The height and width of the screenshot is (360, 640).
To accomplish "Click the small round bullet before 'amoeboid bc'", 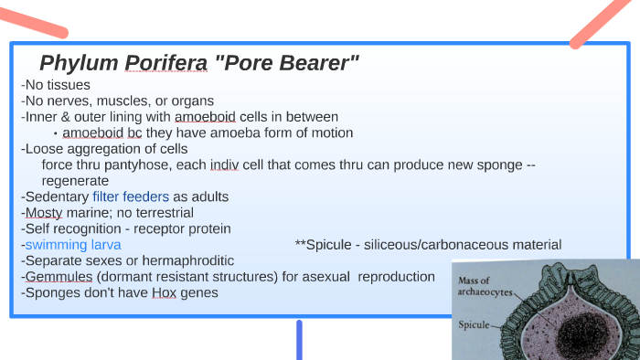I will tap(56, 133).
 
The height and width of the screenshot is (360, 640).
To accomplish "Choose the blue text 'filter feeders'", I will tap(131, 196).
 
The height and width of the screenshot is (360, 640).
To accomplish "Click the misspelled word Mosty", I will tap(45, 212).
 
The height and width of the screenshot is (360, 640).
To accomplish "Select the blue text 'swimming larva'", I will tap(73, 245).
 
